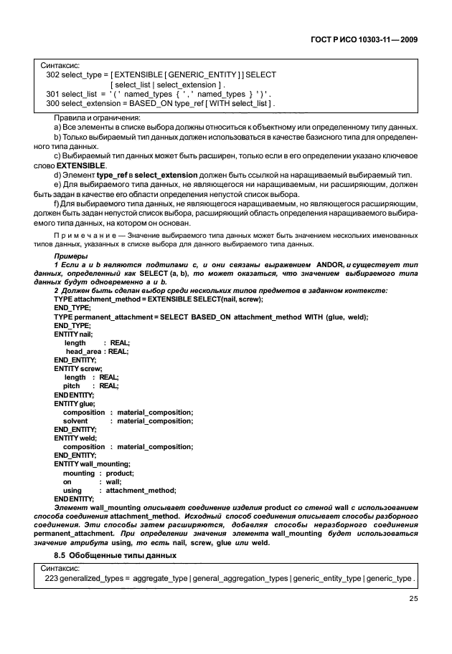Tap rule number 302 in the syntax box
coord(52,74)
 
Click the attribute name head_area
coord(83,351)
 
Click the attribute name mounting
coord(78,473)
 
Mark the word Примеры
coord(69,256)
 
